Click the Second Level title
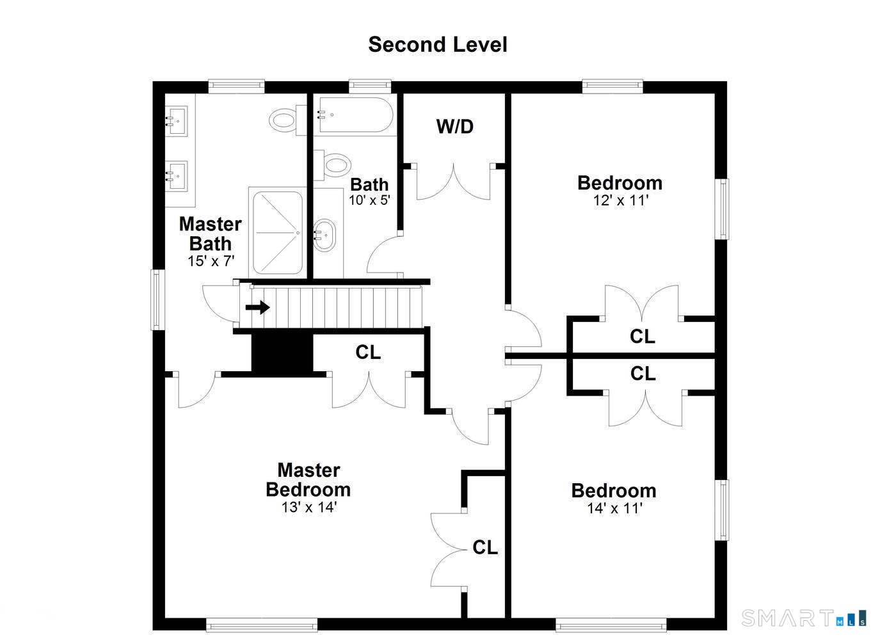pos(438,45)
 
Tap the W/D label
pos(454,127)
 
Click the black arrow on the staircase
pos(258,308)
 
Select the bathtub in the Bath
pos(354,115)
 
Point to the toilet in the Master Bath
pos(283,120)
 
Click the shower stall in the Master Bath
pos(277,232)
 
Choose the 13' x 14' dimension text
pos(308,508)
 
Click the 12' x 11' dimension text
pos(620,200)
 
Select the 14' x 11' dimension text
pos(614,509)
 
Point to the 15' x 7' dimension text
pos(211,261)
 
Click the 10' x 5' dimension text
pos(369,200)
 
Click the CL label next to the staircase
pos(368,352)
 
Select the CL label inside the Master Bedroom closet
pos(485,548)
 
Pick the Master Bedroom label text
pos(308,480)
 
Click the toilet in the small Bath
pos(335,164)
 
